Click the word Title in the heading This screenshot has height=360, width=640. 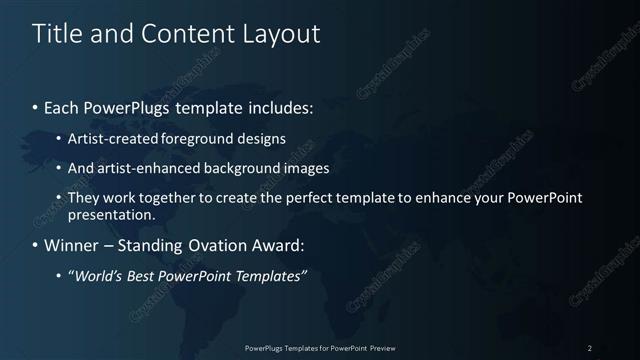[x=57, y=33]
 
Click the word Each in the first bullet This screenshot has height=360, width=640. [x=62, y=106]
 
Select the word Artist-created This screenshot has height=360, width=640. [x=109, y=139]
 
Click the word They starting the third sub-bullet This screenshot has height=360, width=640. [x=81, y=198]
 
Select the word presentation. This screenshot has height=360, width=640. [x=112, y=214]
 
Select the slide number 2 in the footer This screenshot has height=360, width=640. [x=590, y=348]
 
